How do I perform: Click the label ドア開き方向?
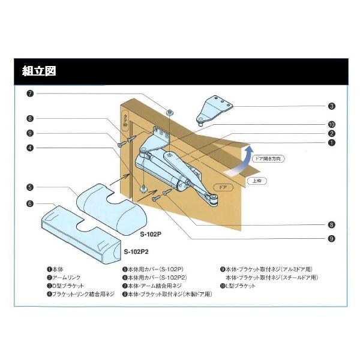[267, 159]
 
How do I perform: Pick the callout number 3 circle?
[332, 106]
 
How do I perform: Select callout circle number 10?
[332, 124]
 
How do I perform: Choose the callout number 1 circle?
[332, 143]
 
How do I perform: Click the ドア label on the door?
[223, 187]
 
